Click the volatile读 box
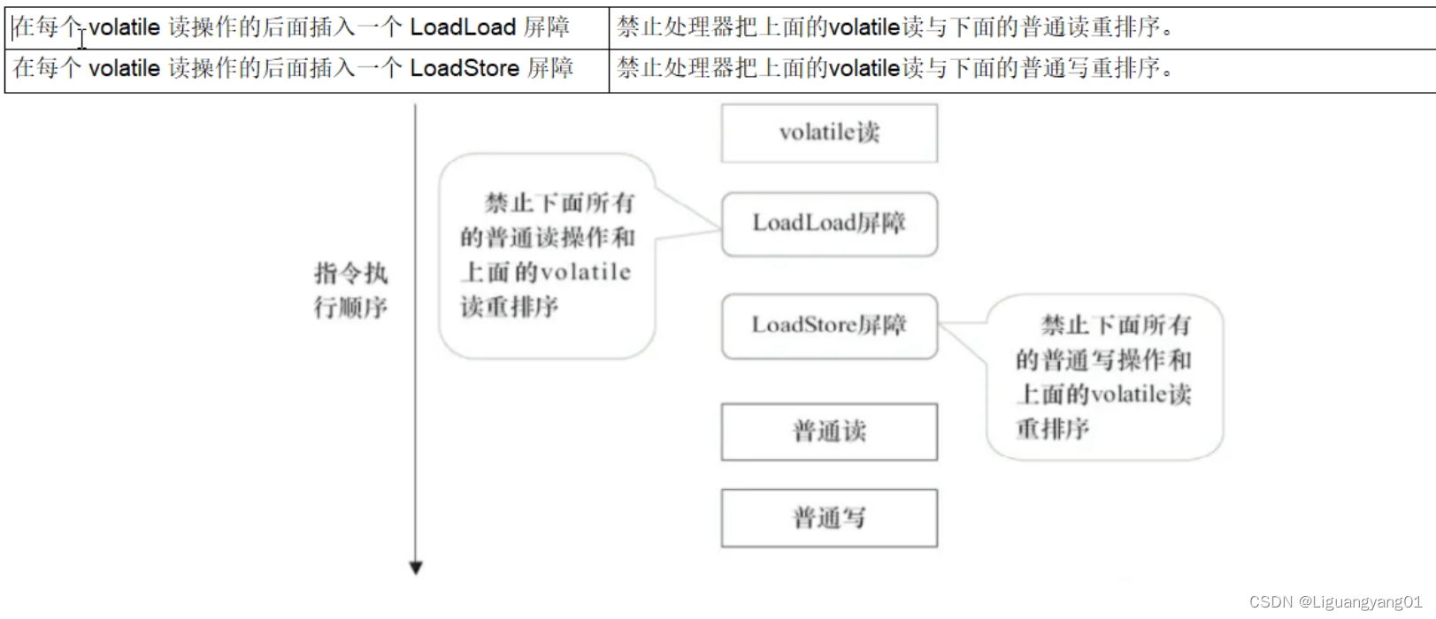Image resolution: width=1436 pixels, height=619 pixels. click(829, 133)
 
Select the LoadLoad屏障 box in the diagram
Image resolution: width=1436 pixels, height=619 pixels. click(829, 224)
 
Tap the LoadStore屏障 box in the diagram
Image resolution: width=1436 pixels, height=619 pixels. click(829, 325)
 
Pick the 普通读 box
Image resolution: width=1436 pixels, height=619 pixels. click(829, 432)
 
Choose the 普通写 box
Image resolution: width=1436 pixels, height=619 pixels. click(829, 518)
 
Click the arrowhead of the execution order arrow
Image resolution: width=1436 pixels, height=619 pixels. click(416, 568)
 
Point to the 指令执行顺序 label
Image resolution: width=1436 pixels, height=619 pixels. click(350, 290)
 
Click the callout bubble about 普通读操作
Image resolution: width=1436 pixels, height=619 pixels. click(547, 256)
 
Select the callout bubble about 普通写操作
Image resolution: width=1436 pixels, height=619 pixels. click(1104, 377)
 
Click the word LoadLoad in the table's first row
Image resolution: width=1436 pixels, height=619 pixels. click(463, 27)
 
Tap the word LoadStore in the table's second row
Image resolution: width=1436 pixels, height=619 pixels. click(465, 68)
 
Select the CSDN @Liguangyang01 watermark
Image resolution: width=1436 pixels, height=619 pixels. click(1335, 601)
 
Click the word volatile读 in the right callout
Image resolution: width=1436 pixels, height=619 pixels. click(1141, 394)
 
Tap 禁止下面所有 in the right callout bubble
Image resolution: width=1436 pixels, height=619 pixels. click(1116, 325)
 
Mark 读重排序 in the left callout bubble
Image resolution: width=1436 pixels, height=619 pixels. click(510, 307)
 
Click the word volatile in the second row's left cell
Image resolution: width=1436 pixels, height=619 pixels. click(124, 68)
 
